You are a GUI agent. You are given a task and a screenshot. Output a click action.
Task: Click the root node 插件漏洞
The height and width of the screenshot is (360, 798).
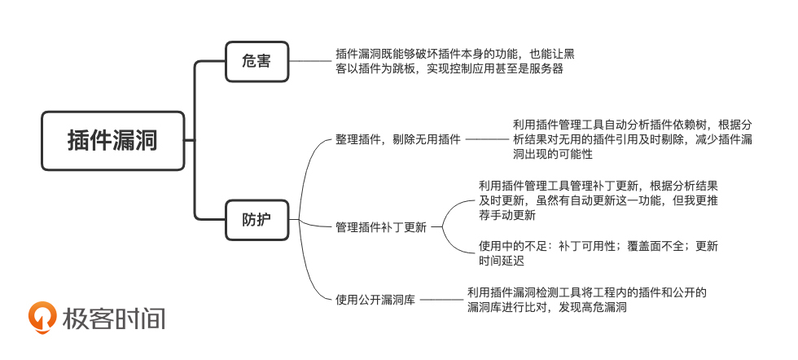pyautogui.click(x=112, y=140)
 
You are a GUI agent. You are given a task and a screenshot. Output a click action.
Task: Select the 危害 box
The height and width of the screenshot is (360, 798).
pyautogui.click(x=256, y=61)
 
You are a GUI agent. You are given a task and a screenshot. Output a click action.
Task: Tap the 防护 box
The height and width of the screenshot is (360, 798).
pyautogui.click(x=256, y=220)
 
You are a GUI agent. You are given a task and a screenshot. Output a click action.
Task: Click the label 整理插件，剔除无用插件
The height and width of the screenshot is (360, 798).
pyautogui.click(x=397, y=139)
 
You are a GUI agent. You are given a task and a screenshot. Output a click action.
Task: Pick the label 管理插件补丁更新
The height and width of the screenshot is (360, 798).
pyautogui.click(x=380, y=226)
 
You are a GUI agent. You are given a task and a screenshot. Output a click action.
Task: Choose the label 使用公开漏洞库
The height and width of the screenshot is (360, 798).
pyautogui.click(x=375, y=300)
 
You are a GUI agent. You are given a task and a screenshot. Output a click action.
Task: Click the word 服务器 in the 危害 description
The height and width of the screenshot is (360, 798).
pyautogui.click(x=545, y=69)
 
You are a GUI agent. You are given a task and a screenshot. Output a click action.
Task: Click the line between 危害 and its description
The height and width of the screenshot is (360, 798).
pyautogui.click(x=312, y=61)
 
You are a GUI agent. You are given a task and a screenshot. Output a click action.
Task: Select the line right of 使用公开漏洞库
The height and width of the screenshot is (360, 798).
pyautogui.click(x=442, y=300)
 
